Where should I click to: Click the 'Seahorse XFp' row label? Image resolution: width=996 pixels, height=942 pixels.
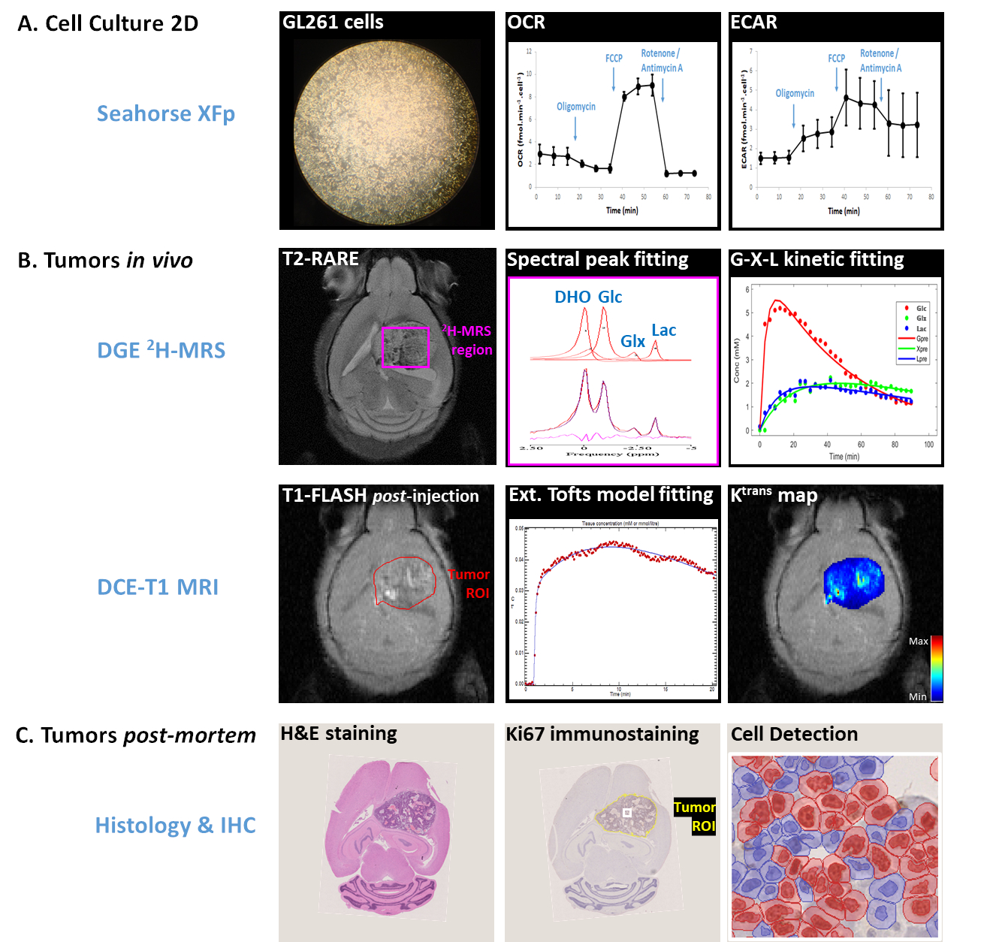pyautogui.click(x=166, y=113)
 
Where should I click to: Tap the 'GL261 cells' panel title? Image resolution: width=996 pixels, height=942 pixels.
pyautogui.click(x=333, y=23)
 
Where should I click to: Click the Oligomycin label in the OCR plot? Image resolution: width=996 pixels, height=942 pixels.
pyautogui.click(x=576, y=107)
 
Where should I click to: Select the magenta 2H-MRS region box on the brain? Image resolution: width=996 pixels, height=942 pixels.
pyautogui.click(x=406, y=347)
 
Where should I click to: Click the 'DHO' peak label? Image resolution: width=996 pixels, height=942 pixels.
pyautogui.click(x=572, y=297)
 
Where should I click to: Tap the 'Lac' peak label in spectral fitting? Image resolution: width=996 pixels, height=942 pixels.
pyautogui.click(x=664, y=331)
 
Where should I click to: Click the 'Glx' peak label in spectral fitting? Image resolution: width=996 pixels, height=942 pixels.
pyautogui.click(x=632, y=341)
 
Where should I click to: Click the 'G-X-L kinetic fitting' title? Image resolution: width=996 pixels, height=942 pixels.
pyautogui.click(x=817, y=259)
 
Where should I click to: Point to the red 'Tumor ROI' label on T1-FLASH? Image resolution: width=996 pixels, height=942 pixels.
pyautogui.click(x=469, y=584)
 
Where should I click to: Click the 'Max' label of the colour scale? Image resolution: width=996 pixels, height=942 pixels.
pyautogui.click(x=918, y=641)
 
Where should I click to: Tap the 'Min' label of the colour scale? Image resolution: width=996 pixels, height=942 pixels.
pyautogui.click(x=917, y=696)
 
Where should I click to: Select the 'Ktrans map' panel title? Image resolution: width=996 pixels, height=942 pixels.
pyautogui.click(x=774, y=495)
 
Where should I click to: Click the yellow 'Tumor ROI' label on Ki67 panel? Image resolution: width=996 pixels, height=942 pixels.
pyautogui.click(x=694, y=817)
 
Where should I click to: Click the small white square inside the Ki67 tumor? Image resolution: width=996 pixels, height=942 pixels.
pyautogui.click(x=627, y=813)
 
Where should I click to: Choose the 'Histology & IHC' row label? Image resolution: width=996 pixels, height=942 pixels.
pyautogui.click(x=175, y=825)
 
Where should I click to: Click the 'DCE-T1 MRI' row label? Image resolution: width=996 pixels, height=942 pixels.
pyautogui.click(x=158, y=587)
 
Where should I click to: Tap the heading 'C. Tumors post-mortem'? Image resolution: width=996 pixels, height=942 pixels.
pyautogui.click(x=135, y=735)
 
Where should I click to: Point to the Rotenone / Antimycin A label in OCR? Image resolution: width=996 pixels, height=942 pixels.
pyautogui.click(x=661, y=61)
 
